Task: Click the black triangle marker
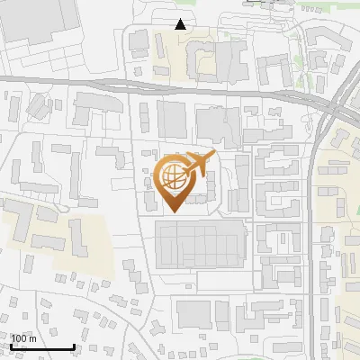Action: coord(181,24)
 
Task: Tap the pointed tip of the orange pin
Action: coord(174,211)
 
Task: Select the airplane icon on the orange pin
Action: coord(198,165)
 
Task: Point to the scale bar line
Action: coord(42,346)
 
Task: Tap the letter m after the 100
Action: coord(33,338)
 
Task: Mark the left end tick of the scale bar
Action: coord(11,346)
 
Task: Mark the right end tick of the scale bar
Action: coord(74,346)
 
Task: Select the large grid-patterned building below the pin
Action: coord(200,246)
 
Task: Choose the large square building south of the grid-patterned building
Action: coord(193,314)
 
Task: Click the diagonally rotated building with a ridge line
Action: coord(39,105)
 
